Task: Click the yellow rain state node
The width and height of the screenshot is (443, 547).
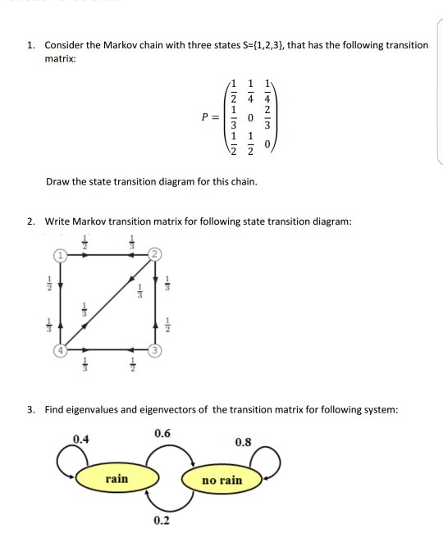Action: pos(116,478)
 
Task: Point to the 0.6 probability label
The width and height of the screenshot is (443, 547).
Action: pos(162,433)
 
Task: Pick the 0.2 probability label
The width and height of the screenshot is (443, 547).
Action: pos(162,522)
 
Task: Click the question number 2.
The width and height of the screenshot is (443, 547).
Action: pos(30,221)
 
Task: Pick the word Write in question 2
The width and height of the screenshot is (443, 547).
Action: pos(58,221)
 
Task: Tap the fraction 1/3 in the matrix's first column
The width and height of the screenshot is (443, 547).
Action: pos(234,116)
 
